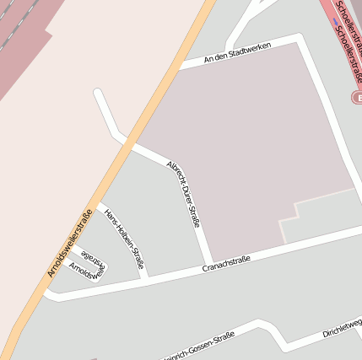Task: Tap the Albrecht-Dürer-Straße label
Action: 184,193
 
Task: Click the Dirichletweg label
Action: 341,328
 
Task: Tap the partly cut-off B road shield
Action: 357,98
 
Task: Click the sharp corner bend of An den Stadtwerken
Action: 300,38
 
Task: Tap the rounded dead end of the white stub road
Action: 100,94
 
